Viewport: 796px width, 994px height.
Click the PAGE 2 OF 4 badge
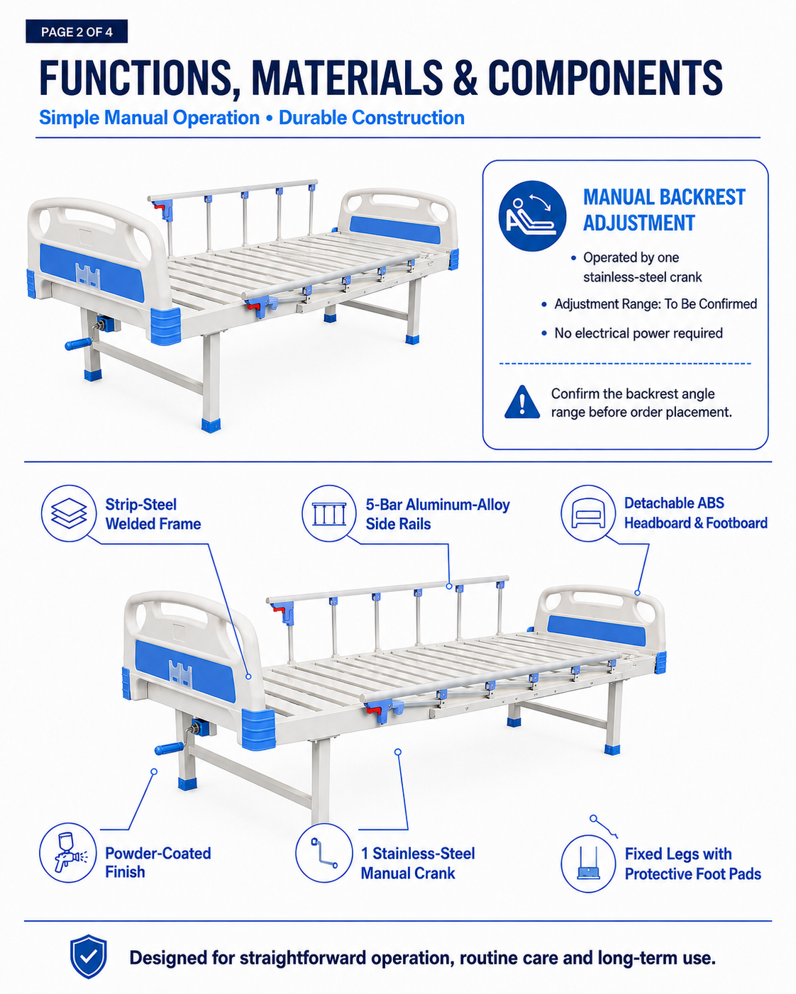click(77, 31)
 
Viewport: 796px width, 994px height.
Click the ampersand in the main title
click(465, 77)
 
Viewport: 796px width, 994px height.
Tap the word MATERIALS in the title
click(347, 77)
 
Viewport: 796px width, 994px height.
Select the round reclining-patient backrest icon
click(532, 216)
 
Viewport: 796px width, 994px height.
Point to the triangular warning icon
click(522, 402)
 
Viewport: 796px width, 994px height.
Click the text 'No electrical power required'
click(639, 333)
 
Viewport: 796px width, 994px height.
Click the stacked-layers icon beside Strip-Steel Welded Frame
click(69, 513)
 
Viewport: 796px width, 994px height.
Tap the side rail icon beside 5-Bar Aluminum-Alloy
click(329, 513)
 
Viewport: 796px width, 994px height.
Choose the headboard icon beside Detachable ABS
click(588, 513)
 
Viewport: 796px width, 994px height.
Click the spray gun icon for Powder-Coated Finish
click(68, 853)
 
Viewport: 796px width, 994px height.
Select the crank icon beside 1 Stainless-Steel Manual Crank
click(324, 853)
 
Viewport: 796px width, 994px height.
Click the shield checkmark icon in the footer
click(88, 956)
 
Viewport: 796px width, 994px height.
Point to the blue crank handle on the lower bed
click(170, 748)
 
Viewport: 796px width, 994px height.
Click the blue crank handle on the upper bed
click(79, 344)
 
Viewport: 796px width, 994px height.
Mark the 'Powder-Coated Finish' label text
click(157, 862)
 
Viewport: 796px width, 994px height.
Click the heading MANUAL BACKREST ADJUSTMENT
click(664, 210)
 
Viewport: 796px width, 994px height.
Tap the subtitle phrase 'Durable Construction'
click(372, 118)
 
